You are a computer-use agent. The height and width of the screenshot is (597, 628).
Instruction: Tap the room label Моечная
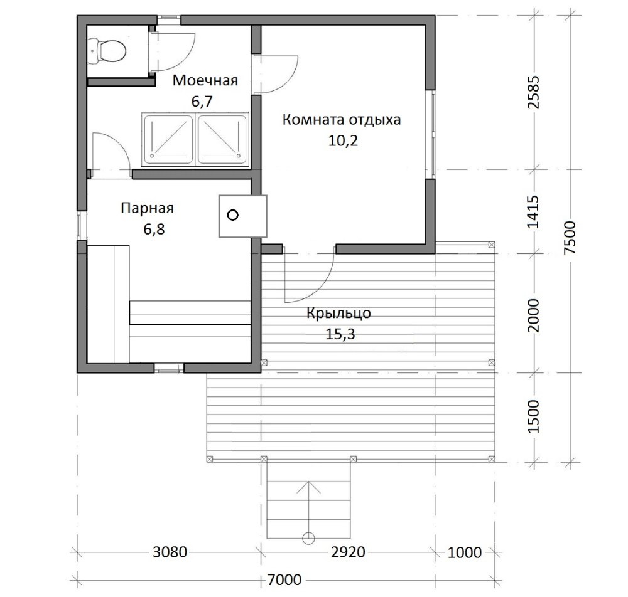tap(205, 80)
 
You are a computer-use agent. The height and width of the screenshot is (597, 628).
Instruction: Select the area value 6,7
tap(202, 102)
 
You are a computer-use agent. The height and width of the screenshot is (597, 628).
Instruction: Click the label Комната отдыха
tap(342, 120)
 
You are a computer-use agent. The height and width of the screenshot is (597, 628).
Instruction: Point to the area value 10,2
tap(343, 140)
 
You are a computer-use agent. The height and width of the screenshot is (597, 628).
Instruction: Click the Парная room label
tap(148, 208)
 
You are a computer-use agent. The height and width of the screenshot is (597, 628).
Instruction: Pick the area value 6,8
tap(154, 230)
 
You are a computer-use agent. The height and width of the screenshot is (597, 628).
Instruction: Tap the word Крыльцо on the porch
tap(339, 313)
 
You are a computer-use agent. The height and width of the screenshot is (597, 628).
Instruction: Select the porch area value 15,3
tap(340, 334)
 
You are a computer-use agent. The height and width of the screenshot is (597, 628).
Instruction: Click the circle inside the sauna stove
tap(233, 215)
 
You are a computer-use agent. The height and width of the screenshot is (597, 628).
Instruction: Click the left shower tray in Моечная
tap(168, 139)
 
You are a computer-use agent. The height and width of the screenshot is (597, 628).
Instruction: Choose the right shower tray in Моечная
tap(222, 139)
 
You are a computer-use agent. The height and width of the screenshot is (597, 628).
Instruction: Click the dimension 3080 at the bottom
tap(170, 552)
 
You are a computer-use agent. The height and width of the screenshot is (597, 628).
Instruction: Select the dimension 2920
tap(348, 552)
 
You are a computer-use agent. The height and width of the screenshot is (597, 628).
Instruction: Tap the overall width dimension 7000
tap(284, 579)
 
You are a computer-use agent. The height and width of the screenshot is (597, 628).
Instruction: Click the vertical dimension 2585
tap(534, 92)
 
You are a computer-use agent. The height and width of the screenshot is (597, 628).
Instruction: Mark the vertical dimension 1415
tap(534, 212)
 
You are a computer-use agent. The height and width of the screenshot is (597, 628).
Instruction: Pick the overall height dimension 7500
tap(570, 238)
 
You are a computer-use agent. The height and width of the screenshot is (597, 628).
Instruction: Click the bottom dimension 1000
tap(465, 552)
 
